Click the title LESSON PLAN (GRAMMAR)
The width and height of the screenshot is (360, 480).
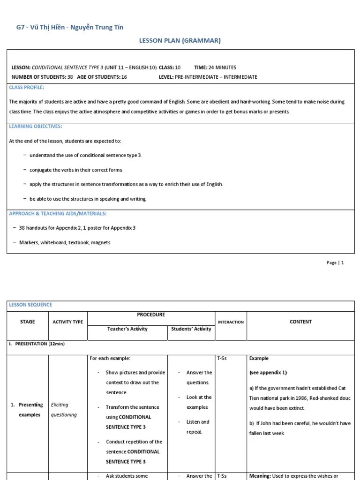click(180, 41)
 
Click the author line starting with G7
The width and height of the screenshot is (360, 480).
click(70, 27)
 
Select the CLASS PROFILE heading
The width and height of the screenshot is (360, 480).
click(27, 88)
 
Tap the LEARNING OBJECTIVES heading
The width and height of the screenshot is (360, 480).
click(36, 127)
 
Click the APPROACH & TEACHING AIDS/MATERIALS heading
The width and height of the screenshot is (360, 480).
click(58, 214)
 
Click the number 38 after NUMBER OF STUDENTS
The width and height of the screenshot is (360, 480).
click(70, 77)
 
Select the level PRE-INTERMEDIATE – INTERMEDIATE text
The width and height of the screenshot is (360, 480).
click(216, 77)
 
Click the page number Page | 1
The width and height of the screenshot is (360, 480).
click(335, 263)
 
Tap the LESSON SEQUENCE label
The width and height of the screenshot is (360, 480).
click(31, 305)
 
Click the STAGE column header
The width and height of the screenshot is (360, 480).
click(28, 322)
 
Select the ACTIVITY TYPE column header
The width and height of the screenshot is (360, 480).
click(67, 322)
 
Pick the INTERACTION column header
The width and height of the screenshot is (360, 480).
click(231, 322)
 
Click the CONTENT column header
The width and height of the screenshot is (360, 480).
click(300, 322)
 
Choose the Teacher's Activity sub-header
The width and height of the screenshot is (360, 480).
click(127, 329)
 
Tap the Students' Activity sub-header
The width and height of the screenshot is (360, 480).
click(191, 329)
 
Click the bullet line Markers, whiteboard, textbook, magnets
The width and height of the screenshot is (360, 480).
click(65, 243)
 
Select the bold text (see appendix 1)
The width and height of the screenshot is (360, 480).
click(268, 373)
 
